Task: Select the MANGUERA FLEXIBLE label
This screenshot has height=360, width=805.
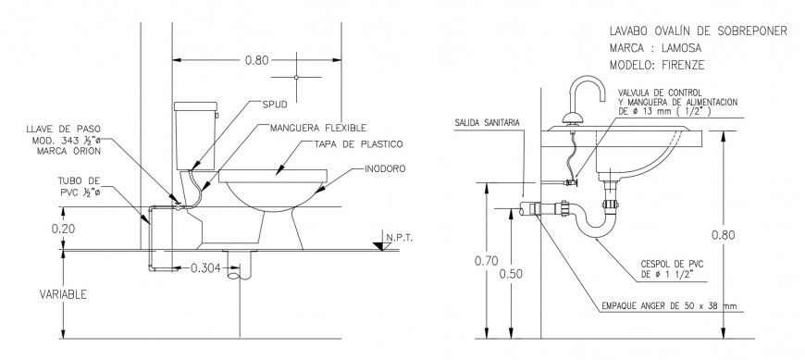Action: [x=319, y=127]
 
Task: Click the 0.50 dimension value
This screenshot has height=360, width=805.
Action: [x=510, y=274]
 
